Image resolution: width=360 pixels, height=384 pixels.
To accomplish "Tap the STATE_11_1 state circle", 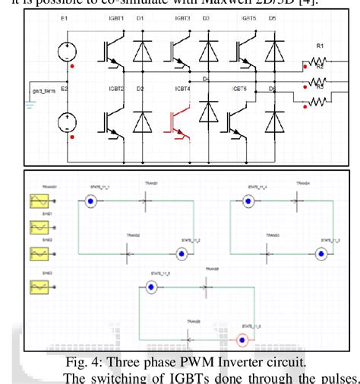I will pyautogui.click(x=90, y=201).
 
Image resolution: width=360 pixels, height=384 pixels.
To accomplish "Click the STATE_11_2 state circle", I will pyautogui.click(x=181, y=253).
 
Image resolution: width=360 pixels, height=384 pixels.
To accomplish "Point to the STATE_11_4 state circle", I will pyautogui.click(x=247, y=201).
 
